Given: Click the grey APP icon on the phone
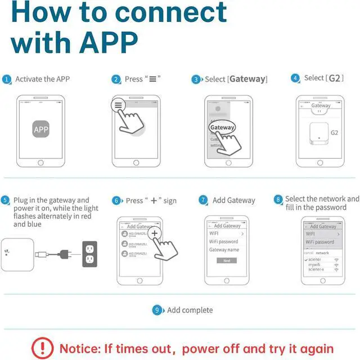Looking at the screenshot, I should [x=41, y=130].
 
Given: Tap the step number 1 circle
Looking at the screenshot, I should [x=7, y=80].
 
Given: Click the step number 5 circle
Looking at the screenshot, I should [x=6, y=200].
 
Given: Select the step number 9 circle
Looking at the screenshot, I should [x=158, y=310].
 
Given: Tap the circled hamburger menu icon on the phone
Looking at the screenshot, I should [x=118, y=105].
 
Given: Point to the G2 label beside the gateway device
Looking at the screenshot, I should [x=335, y=133].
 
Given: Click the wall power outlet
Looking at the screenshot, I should [x=89, y=254].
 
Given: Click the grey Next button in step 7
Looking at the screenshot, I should [x=227, y=260].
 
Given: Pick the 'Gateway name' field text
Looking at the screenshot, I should [x=224, y=250].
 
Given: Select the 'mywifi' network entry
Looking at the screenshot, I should [x=314, y=264].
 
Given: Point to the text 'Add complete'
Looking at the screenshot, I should [x=190, y=310].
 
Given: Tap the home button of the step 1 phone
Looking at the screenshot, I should [x=40, y=163].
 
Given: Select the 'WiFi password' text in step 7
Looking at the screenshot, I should [x=224, y=241].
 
